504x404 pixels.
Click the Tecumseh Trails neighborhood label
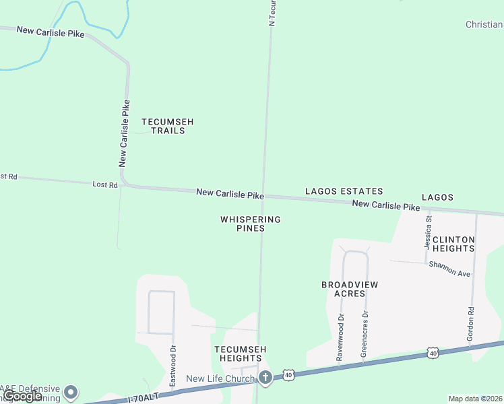coord(168,126)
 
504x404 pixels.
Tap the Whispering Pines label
coord(250,224)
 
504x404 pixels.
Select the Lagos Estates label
coord(344,192)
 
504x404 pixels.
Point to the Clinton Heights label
coord(453,244)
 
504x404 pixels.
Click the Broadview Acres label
coord(349,289)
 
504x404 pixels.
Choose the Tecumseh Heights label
coord(241,353)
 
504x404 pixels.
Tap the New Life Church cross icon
coord(265,378)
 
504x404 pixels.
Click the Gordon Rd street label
coord(470,323)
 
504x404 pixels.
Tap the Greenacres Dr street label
coord(365,336)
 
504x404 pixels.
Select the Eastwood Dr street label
coord(172,366)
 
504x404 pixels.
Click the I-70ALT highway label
coord(144,397)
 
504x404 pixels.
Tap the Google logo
coord(23,396)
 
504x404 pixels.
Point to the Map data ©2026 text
coord(476,399)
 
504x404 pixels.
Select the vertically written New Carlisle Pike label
coord(123,133)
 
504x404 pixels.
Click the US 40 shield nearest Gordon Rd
coord(433,353)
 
